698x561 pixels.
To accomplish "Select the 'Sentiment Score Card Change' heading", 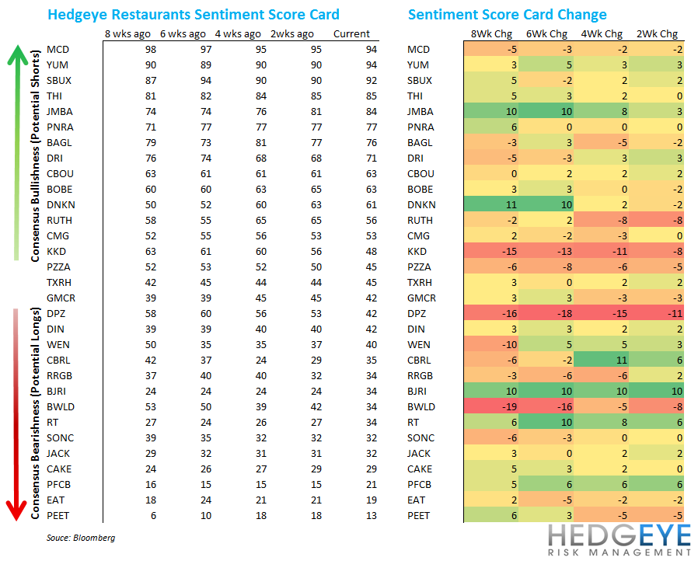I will point(508,15).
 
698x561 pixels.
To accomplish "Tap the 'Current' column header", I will point(351,34).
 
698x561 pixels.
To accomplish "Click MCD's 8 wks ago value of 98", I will point(129,50).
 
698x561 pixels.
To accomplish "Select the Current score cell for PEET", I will point(351,516).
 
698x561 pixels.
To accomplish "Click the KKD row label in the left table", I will point(57,252).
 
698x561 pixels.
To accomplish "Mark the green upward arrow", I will point(16,148).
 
